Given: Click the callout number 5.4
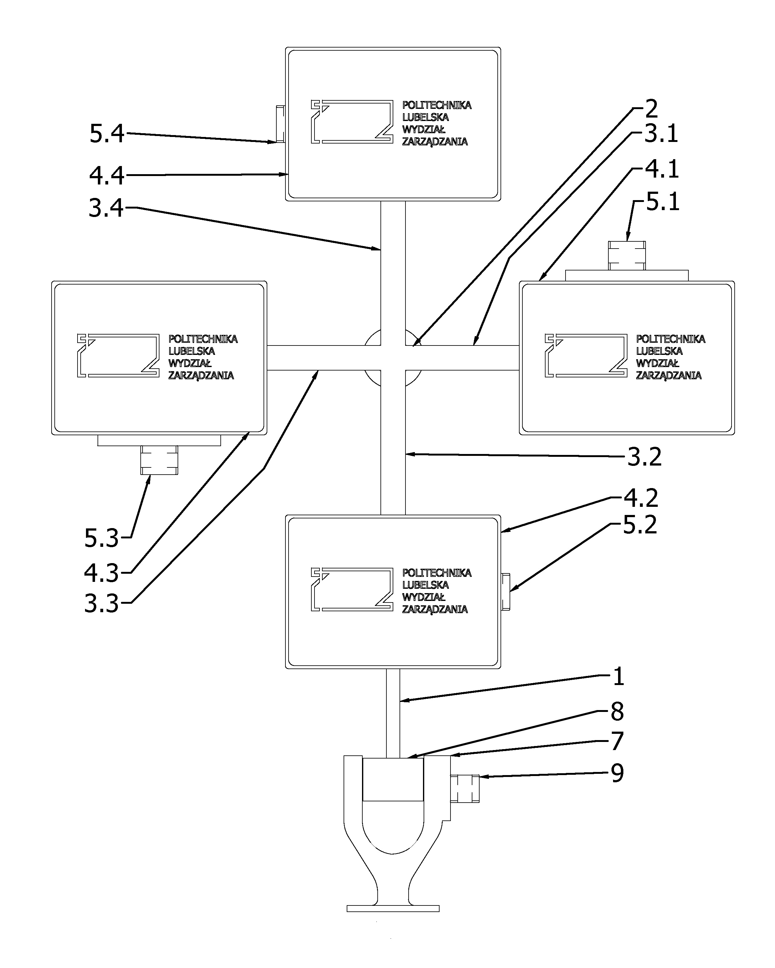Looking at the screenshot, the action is coord(107,134).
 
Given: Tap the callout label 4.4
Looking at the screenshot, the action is coord(107,175).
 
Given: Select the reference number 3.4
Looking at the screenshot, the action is coord(106,208).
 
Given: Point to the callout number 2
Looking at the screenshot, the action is coord(651,108).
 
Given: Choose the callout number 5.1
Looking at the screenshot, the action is coord(663,202).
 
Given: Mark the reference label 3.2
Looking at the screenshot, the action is coord(644,457).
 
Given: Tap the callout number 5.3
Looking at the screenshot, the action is coord(102,538).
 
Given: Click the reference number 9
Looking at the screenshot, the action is coord(618,773).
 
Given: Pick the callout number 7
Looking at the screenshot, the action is coord(618,741).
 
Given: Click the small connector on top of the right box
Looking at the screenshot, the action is coord(627,255).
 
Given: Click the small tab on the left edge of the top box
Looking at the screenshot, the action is coord(280,124).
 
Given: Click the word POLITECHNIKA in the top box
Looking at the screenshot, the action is coord(436,105).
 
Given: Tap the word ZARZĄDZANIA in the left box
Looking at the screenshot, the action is coord(201,375).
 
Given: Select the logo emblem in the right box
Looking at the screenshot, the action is coord(586,355).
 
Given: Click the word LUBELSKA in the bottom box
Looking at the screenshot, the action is coord(425,585).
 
